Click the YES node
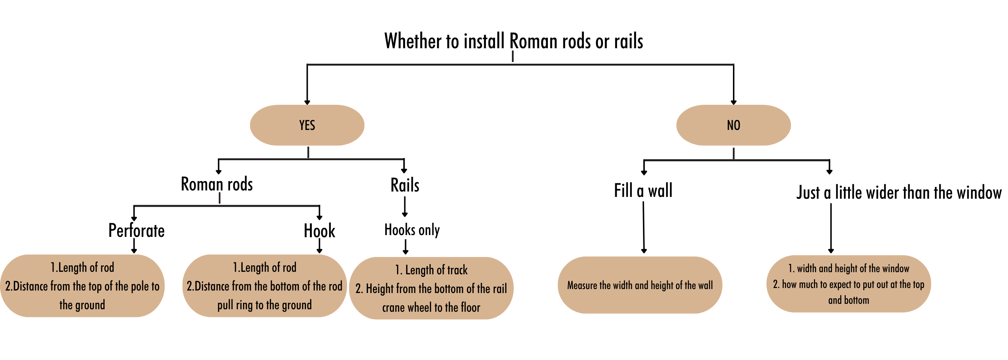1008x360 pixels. click(x=307, y=125)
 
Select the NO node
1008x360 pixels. click(x=733, y=125)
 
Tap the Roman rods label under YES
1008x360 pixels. click(x=217, y=184)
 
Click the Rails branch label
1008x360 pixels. click(x=405, y=185)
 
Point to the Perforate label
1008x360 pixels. click(x=136, y=230)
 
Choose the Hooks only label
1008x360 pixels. click(x=412, y=230)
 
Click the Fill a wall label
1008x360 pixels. click(x=643, y=191)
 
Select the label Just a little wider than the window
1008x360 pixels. click(x=899, y=193)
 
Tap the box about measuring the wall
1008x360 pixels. click(x=640, y=285)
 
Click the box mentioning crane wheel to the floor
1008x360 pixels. click(x=431, y=288)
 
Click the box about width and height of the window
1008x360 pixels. click(x=849, y=284)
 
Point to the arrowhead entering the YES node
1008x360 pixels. click(x=307, y=102)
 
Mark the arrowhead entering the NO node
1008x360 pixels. click(x=733, y=102)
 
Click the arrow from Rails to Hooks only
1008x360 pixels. click(x=405, y=207)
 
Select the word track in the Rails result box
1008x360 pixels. click(x=458, y=270)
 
